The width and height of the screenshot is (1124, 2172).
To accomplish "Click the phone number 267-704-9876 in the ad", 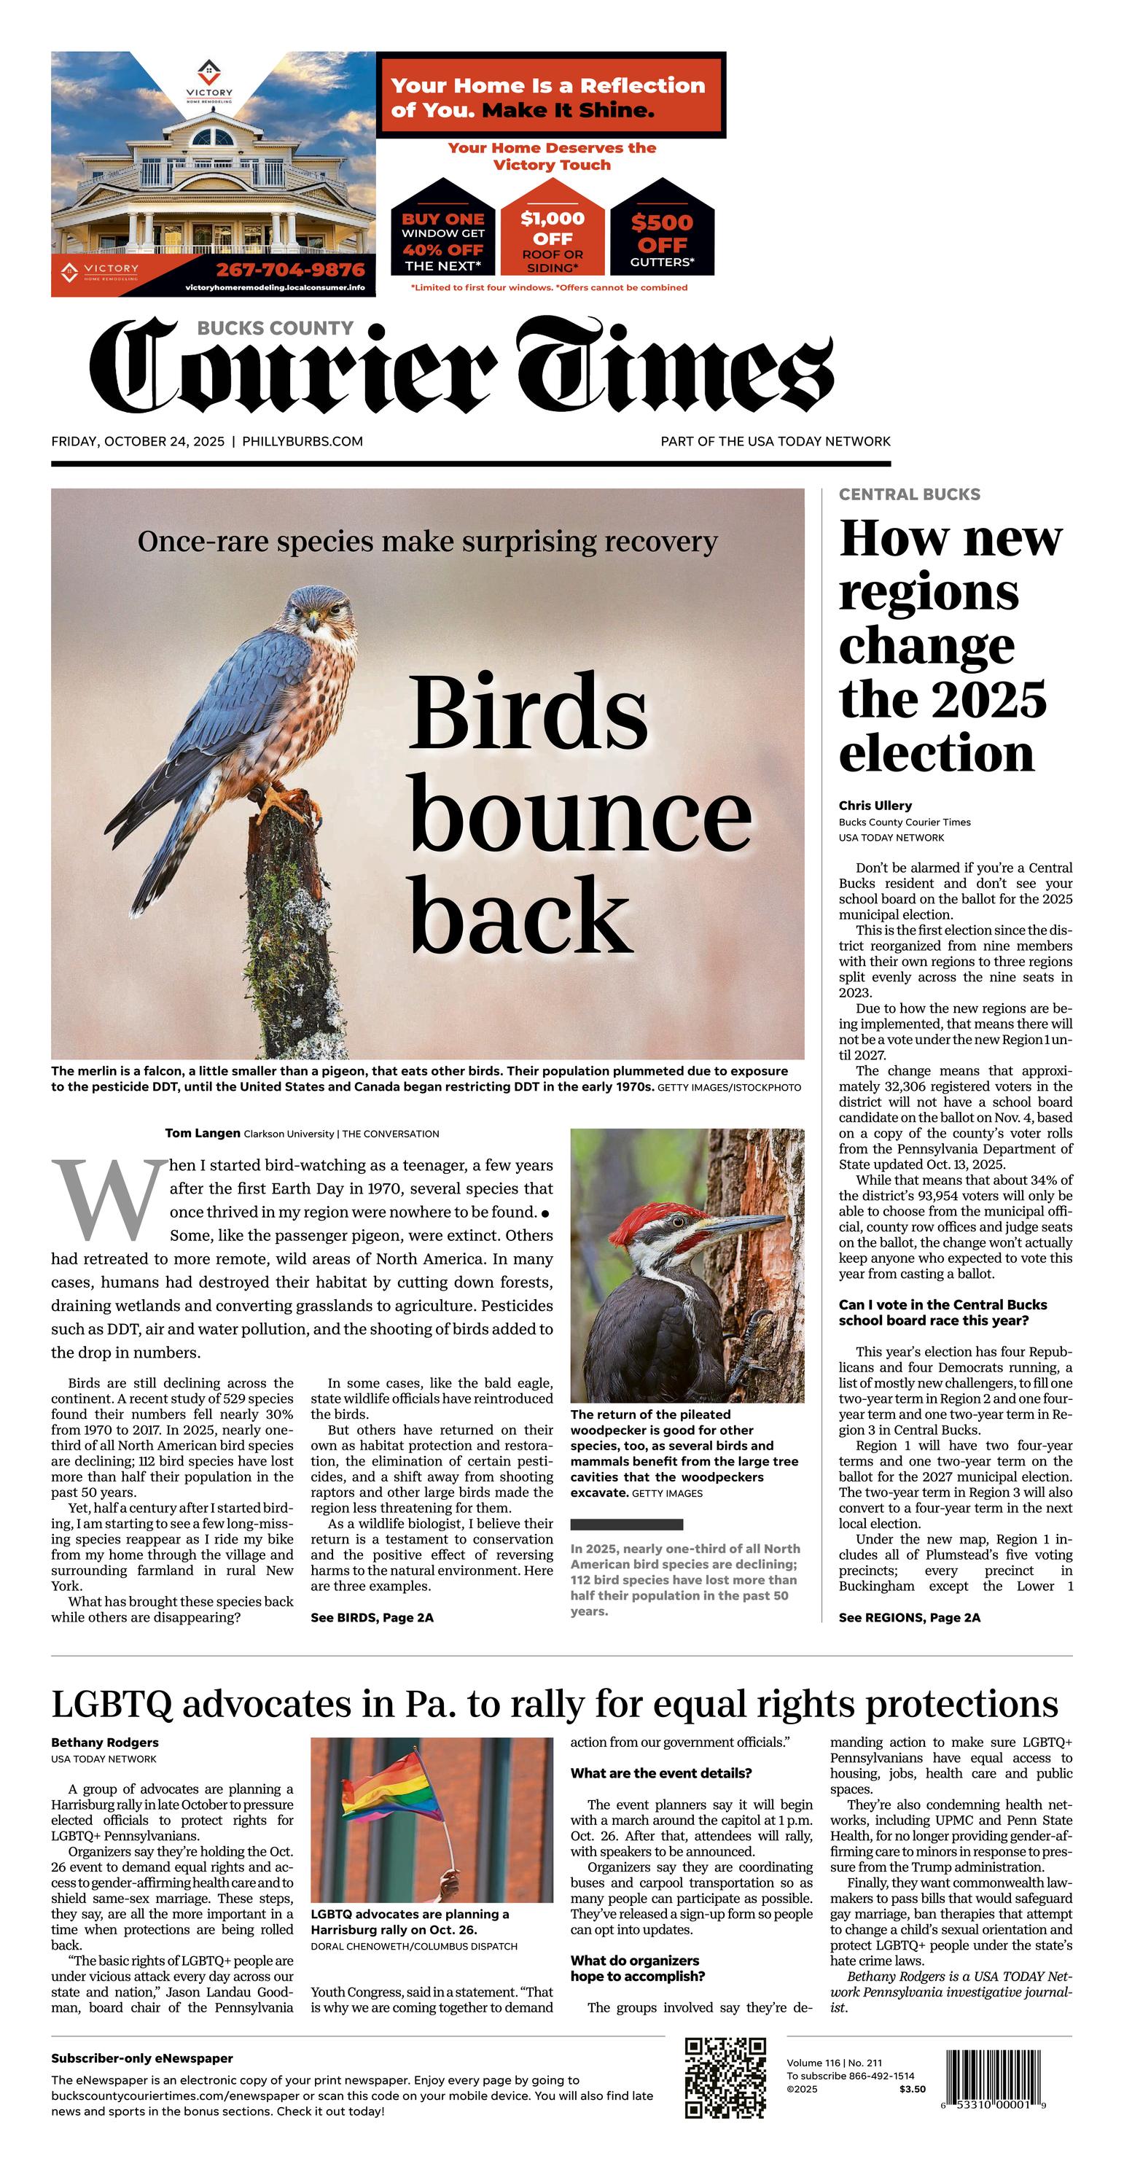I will pyautogui.click(x=290, y=270).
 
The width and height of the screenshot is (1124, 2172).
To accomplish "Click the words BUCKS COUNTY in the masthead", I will pyautogui.click(x=275, y=328).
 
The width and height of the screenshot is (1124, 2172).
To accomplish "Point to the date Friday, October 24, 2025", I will pyautogui.click(x=138, y=441).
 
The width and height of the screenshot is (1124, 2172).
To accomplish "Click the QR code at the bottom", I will pyautogui.click(x=725, y=2077).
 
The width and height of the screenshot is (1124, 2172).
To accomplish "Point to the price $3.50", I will pyautogui.click(x=911, y=2089).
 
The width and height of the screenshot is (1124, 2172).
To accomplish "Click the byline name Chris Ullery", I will pyautogui.click(x=875, y=805).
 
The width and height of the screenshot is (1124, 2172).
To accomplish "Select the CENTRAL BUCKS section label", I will pyautogui.click(x=909, y=494).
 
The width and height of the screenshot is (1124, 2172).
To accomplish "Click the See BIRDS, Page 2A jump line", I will pyautogui.click(x=372, y=1617).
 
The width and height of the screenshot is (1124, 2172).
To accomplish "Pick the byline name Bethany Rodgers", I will pyautogui.click(x=104, y=1743).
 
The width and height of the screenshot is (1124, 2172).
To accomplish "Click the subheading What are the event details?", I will pyautogui.click(x=660, y=1773).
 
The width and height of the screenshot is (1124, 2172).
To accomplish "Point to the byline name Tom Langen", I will pyautogui.click(x=203, y=1133).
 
